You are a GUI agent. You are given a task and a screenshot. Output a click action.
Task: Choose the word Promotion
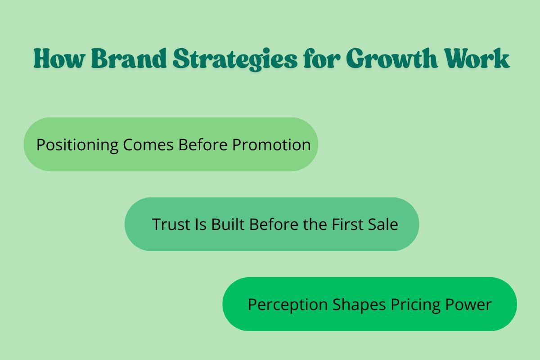tap(271, 145)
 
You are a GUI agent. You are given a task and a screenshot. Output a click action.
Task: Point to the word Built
tap(229, 224)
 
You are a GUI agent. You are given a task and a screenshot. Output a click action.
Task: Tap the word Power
tap(468, 305)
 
